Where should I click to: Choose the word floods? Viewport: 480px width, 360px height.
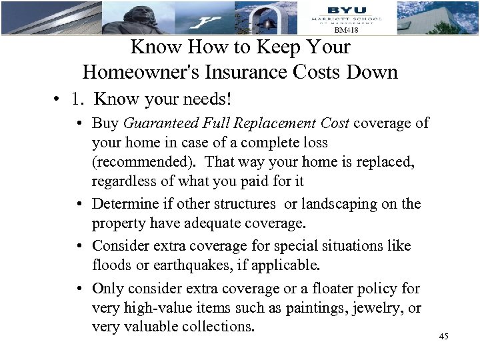pyautogui.click(x=112, y=265)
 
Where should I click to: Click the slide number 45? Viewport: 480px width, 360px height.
pyautogui.click(x=443, y=336)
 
